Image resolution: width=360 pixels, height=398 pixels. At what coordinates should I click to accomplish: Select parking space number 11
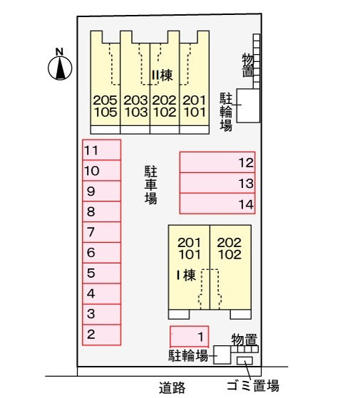(x=102, y=150)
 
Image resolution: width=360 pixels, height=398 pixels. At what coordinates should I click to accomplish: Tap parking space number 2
(x=102, y=335)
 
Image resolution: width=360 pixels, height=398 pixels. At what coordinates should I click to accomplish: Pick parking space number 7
(x=102, y=232)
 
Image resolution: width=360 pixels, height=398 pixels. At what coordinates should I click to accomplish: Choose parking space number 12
(x=217, y=162)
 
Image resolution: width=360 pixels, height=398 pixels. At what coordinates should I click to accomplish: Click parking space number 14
(x=217, y=204)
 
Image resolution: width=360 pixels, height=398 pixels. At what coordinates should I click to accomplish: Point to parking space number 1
(x=190, y=337)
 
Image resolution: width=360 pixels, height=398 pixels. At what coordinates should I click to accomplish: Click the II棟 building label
(x=163, y=75)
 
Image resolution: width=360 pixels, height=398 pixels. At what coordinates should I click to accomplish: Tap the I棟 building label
(x=186, y=275)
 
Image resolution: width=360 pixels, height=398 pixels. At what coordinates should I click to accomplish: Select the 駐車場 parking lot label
(x=151, y=185)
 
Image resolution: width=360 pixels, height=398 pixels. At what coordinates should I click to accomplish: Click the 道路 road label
(x=173, y=387)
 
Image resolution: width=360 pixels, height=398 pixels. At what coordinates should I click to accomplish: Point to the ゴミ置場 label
(x=253, y=386)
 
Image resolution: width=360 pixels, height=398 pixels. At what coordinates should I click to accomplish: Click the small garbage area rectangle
(x=245, y=361)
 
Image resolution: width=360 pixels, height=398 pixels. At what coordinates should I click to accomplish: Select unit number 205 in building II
(x=106, y=100)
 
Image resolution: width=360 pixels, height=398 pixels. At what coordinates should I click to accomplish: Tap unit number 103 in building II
(x=135, y=112)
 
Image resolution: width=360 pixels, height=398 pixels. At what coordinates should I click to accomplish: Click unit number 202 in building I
(x=229, y=243)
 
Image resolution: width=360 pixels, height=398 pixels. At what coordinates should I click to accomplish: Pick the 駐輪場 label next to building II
(x=226, y=112)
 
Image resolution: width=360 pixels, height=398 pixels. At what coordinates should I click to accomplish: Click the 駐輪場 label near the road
(x=188, y=355)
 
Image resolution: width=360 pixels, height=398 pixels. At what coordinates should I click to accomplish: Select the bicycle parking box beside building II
(x=249, y=105)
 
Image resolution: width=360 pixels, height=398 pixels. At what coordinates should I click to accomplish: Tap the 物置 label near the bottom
(x=245, y=340)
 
